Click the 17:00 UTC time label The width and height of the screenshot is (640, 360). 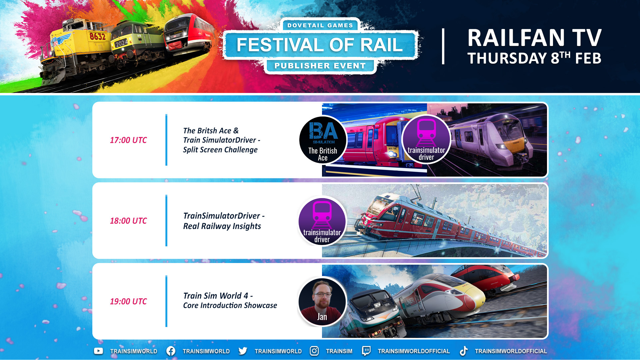tap(128, 140)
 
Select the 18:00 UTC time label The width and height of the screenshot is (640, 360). tap(128, 221)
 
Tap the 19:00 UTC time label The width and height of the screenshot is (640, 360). tap(128, 301)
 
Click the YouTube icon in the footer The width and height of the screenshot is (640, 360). tap(98, 351)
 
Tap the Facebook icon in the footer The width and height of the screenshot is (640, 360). tap(171, 351)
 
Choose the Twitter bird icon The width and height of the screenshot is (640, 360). tap(243, 351)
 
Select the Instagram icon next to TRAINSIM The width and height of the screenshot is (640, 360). tap(314, 351)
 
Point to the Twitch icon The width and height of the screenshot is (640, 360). tap(366, 351)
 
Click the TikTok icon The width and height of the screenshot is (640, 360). tap(463, 351)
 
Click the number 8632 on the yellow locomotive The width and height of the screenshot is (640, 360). tap(97, 36)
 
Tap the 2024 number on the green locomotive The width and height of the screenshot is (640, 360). tap(121, 43)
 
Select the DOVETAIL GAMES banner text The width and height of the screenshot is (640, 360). tap(320, 25)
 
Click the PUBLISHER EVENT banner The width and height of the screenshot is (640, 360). tap(320, 66)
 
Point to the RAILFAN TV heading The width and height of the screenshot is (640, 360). tap(534, 38)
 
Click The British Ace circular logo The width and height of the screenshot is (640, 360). tap(323, 140)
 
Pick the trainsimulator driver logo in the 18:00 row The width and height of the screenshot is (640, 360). tap(322, 221)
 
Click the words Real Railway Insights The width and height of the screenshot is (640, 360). tap(222, 226)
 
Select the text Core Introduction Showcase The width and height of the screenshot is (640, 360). tap(230, 305)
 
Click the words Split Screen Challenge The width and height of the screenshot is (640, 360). tap(220, 150)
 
